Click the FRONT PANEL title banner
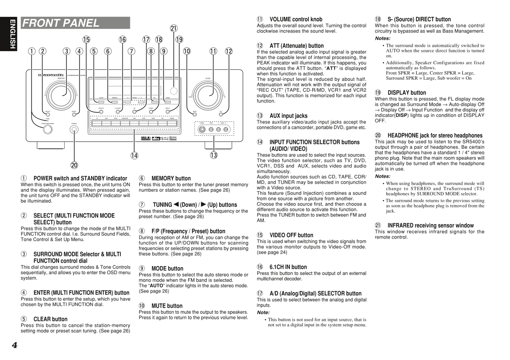75,23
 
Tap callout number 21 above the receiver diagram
174,29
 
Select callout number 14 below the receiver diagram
134,155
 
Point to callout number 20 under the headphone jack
74,165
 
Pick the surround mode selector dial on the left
64,94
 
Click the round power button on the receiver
48,129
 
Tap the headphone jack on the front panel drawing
74,129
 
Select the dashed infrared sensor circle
173,91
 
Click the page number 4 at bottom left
14,345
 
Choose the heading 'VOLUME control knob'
296,19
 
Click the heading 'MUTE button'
167,306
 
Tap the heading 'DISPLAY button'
407,93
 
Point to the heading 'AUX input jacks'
288,116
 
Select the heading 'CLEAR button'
50,319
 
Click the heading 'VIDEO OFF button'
291,235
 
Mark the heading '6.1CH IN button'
288,267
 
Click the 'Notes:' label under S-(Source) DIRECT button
383,38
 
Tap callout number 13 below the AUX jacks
214,155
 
